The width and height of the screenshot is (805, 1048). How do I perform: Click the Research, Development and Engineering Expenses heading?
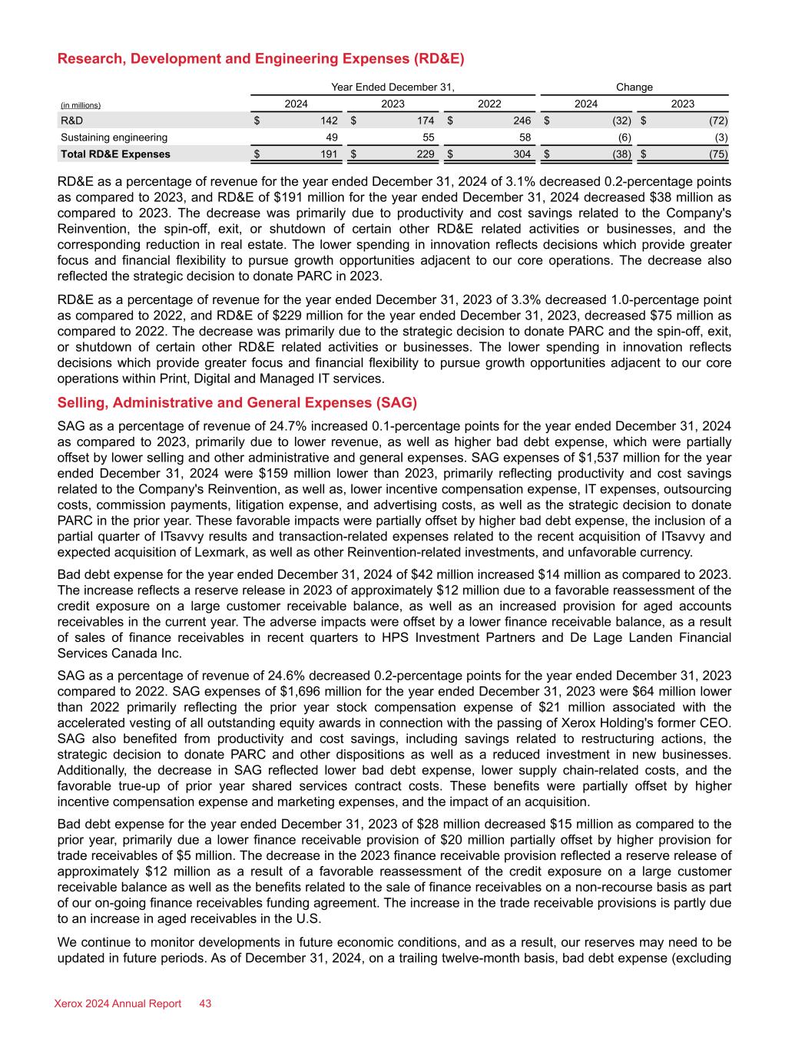[x=261, y=59]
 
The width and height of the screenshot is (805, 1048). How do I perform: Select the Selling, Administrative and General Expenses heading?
[x=237, y=403]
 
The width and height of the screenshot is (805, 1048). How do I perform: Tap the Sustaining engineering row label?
[x=114, y=137]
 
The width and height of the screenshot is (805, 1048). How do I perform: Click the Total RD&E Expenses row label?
[x=115, y=154]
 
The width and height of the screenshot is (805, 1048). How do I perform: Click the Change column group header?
[x=634, y=88]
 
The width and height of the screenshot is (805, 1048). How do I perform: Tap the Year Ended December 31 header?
[x=393, y=88]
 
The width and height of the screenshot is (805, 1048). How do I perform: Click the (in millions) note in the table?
[x=81, y=105]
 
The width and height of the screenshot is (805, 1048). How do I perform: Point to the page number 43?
[x=205, y=1003]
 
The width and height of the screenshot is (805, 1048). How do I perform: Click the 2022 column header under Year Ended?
[x=489, y=104]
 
